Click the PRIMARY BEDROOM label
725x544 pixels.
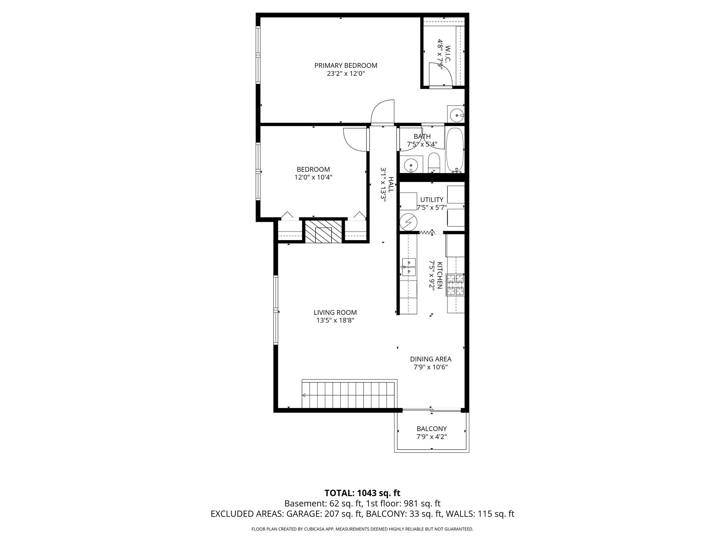tap(346, 66)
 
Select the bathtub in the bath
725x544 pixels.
tap(454, 150)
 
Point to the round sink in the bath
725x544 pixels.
tap(411, 165)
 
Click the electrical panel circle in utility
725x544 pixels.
tap(409, 222)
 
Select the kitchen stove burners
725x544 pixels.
tap(456, 285)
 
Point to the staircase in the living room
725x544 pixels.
tap(348, 395)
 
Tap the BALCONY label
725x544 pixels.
tap(432, 429)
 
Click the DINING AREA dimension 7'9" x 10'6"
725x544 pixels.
tap(431, 367)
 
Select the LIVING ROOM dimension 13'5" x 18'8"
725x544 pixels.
tap(335, 321)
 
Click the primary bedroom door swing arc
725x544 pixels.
tap(383, 112)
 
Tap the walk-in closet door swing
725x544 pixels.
tap(440, 74)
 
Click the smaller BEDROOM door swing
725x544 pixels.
tap(355, 140)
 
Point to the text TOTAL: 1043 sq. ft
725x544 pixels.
tap(362, 493)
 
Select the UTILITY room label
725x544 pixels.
tap(432, 200)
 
